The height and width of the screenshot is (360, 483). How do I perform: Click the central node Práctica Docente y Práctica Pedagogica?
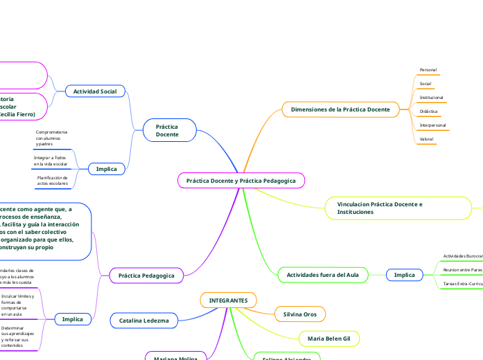[x=241, y=180]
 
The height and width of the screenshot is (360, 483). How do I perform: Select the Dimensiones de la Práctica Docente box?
[x=340, y=109]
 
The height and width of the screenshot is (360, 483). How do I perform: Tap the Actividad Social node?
[x=95, y=91]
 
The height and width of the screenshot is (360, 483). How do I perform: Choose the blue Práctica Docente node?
[x=166, y=131]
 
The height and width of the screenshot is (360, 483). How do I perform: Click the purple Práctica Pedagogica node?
[x=146, y=276]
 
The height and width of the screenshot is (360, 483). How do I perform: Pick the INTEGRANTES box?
[x=228, y=300]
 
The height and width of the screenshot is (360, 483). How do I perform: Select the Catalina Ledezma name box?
[x=144, y=321]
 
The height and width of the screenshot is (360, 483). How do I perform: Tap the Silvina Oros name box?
[x=299, y=314]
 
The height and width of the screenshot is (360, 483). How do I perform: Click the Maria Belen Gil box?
[x=329, y=339]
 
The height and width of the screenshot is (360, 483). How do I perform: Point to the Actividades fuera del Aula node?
[x=322, y=275]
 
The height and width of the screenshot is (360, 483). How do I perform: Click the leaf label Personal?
[x=428, y=70]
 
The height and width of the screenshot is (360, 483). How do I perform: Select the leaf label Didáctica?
[x=428, y=111]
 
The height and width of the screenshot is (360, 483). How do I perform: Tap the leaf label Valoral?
[x=427, y=139]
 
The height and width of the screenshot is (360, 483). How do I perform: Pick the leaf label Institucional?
[x=431, y=98]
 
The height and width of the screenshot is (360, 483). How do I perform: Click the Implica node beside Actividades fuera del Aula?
[x=404, y=275]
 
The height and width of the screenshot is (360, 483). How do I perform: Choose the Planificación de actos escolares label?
[x=53, y=181]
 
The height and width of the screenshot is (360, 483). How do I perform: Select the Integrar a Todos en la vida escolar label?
[x=51, y=161]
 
